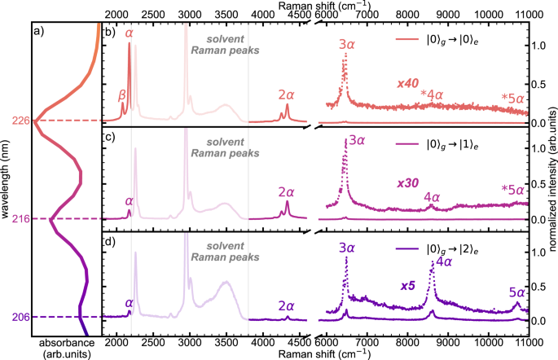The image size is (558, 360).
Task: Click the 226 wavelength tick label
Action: click(21, 121)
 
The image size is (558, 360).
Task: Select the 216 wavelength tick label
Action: click(21, 219)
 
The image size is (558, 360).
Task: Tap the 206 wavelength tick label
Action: click(21, 317)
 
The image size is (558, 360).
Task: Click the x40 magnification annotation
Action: click(409, 85)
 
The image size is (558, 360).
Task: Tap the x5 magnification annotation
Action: click(409, 286)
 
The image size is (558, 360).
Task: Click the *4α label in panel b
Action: click(431, 94)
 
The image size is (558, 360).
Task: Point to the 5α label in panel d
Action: click(516, 291)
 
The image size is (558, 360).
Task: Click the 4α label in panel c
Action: click(432, 197)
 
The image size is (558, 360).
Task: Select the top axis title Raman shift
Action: click(324, 6)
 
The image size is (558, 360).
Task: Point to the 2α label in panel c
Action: click(286, 192)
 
